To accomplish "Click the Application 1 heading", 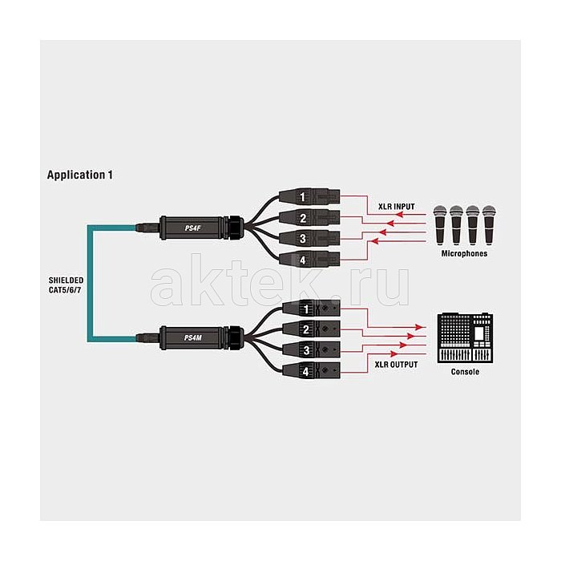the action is tap(80, 175).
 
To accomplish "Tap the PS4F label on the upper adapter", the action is tap(193, 228).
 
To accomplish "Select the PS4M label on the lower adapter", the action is tap(193, 337).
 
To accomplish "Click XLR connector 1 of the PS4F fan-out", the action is tap(309, 196).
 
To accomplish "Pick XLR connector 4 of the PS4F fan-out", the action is tap(309, 259).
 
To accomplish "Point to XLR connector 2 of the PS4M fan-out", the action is tap(311, 329).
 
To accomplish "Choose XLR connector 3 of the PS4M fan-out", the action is tap(311, 349).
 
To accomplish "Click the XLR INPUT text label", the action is tap(397, 207).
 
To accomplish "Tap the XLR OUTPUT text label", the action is tap(396, 365).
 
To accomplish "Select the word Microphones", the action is tap(464, 253).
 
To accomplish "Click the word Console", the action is tap(465, 371).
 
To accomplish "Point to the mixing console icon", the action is tap(465, 338).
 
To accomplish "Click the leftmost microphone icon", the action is tap(440, 225).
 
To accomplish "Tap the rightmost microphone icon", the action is tap(489, 225).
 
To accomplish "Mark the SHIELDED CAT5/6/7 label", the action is tap(66, 285).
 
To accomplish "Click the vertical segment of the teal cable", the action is tap(90, 283).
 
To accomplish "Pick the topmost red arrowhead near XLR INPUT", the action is tap(399, 215).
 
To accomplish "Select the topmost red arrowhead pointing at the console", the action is tap(418, 327).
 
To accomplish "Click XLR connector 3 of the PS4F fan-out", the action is tap(309, 238).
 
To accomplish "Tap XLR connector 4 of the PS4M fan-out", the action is tap(311, 371).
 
